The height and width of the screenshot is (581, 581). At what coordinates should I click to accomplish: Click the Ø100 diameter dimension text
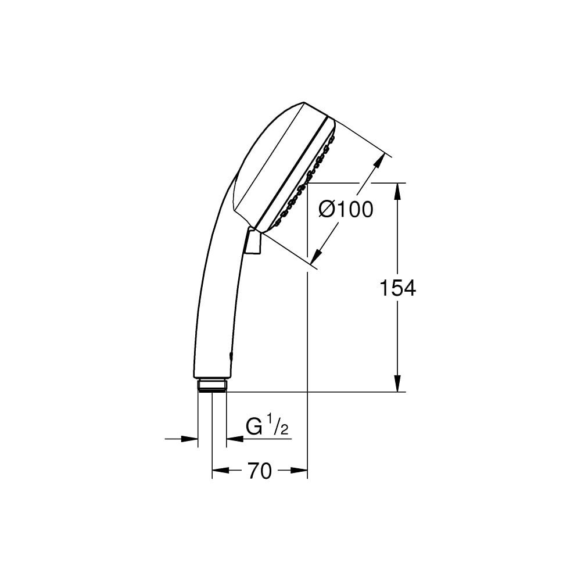pos(346,209)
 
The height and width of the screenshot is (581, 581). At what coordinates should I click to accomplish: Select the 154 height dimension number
pos(397,288)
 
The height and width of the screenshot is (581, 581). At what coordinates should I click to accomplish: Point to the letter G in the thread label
pos(254,427)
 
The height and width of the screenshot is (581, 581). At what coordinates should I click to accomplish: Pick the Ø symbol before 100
pos(328,209)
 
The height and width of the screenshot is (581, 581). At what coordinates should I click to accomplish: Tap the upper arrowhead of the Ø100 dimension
pos(380,160)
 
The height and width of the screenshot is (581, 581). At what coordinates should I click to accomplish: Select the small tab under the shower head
pos(253,241)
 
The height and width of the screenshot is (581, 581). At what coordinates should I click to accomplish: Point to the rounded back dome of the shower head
pos(261,151)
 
